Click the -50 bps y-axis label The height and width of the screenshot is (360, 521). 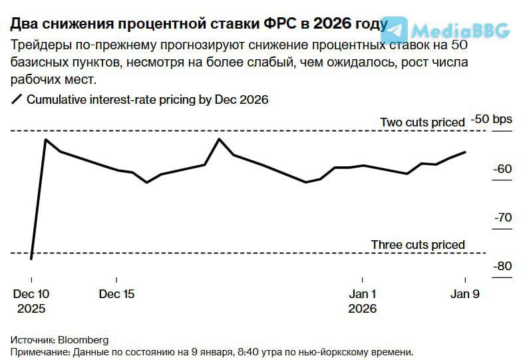491,120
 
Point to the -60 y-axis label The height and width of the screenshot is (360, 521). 502,169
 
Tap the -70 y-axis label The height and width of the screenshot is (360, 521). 502,218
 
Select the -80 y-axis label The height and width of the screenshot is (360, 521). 502,266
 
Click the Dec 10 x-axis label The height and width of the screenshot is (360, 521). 31,293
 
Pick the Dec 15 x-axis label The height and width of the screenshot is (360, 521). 116,293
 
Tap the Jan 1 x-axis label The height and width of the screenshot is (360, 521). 363,293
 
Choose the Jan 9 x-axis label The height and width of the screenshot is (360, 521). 464,293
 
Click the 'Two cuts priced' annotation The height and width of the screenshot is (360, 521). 422,122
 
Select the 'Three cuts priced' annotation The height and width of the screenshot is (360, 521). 418,245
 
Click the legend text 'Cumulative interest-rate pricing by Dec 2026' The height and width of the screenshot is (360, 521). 147,100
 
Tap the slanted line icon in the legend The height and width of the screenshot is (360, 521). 17,100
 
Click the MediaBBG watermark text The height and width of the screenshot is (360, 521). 460,30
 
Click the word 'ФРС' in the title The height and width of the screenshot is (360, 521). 275,24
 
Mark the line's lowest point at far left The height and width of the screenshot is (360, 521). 31,259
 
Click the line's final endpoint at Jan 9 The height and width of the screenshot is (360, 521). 464,152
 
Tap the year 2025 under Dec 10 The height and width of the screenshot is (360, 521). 31,309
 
